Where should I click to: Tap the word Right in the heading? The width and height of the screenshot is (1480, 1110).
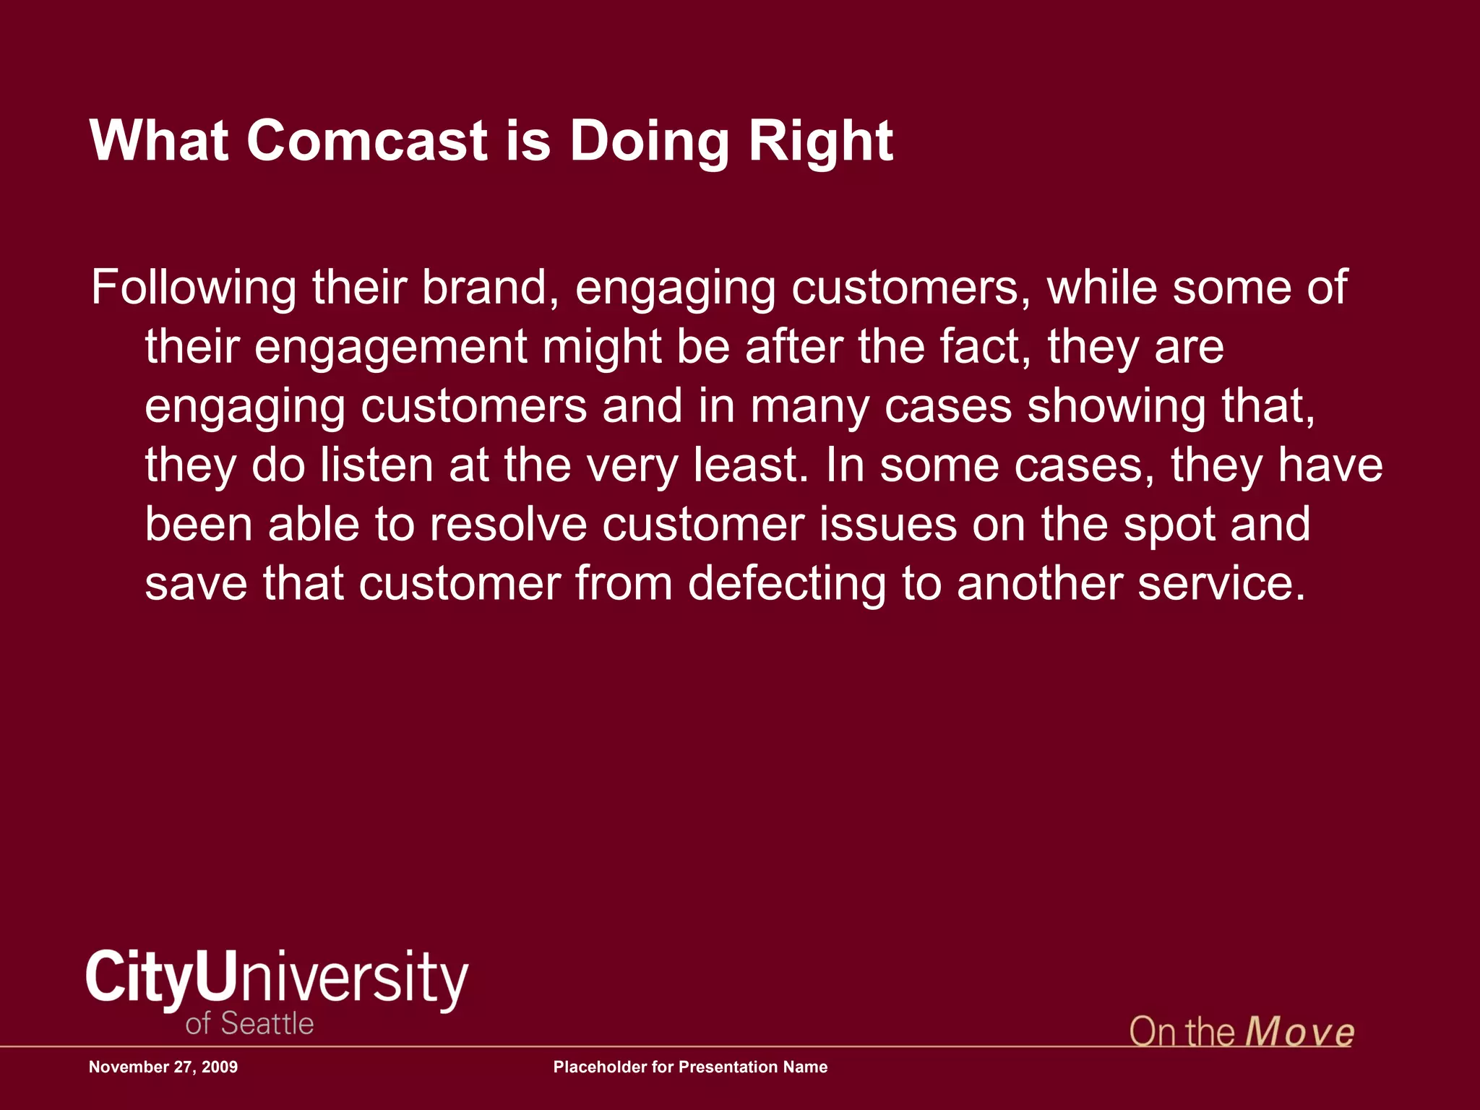tap(820, 142)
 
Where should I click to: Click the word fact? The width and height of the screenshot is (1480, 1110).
tap(984, 347)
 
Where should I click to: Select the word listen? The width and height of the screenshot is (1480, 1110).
tap(377, 465)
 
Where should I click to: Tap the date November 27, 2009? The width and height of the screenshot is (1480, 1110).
tap(163, 1067)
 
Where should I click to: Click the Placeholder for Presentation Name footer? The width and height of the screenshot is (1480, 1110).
tap(690, 1067)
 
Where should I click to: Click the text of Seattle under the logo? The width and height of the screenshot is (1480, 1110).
tap(249, 1024)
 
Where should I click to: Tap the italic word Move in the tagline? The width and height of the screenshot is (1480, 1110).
tap(1299, 1032)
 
